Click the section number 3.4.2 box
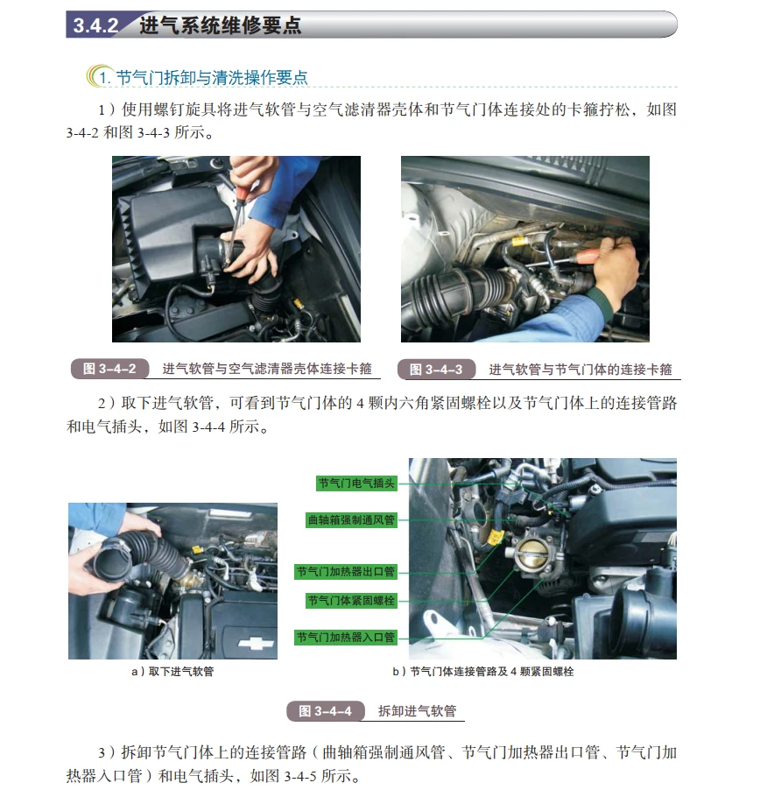pos(95,25)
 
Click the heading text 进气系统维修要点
pos(220,25)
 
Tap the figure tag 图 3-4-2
pos(109,369)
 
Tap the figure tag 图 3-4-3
pos(436,370)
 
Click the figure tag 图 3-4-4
pos(325,710)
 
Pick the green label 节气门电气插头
pos(356,483)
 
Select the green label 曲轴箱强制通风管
pos(351,519)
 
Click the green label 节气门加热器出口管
pos(346,572)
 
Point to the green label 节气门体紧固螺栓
pos(351,601)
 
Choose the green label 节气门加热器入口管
pos(346,637)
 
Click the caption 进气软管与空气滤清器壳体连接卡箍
pos(267,369)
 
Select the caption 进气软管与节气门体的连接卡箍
pos(580,370)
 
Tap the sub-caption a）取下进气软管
pos(172,672)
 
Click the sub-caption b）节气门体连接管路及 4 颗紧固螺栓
pos(482,672)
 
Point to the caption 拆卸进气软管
pos(417,710)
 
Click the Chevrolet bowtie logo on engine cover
pos(253,642)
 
